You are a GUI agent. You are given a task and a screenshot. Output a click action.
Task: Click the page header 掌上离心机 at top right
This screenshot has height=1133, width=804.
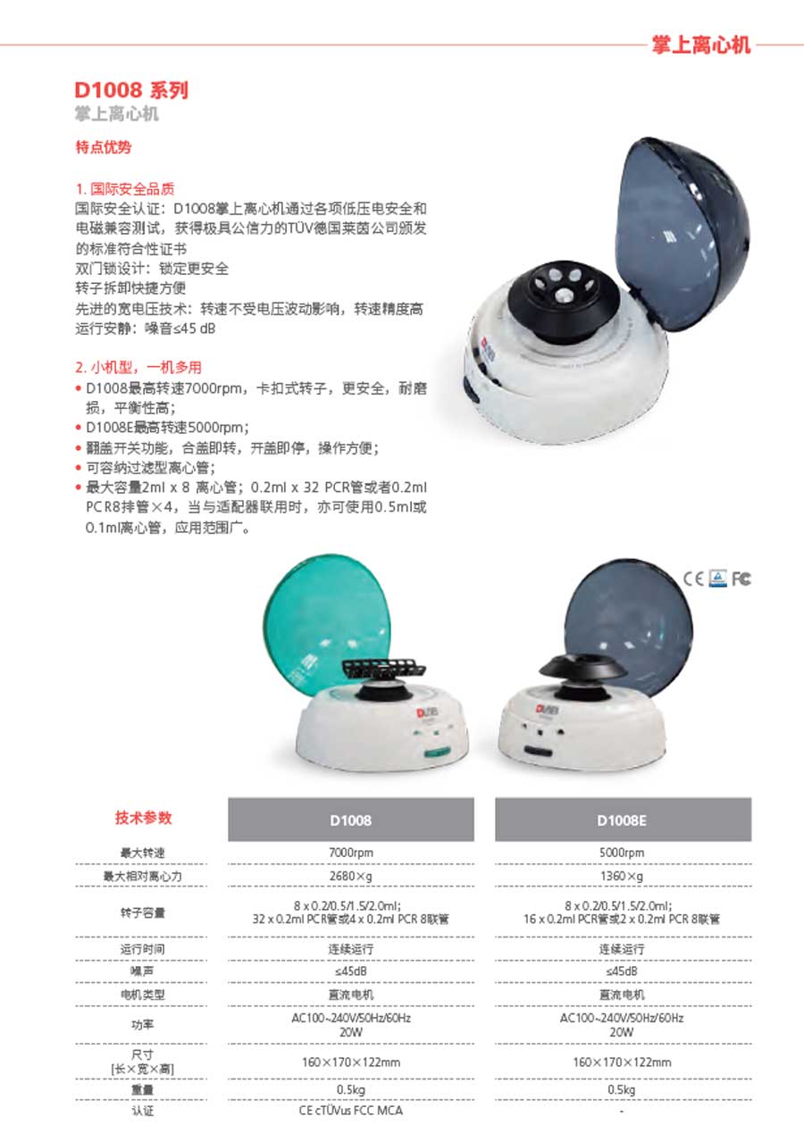tap(701, 44)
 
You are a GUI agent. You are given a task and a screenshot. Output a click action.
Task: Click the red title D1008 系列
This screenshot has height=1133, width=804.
tap(131, 90)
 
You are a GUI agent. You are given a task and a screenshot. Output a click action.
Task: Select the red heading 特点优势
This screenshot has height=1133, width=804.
tap(104, 146)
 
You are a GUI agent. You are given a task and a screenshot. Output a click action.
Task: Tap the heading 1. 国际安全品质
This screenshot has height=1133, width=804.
tap(125, 188)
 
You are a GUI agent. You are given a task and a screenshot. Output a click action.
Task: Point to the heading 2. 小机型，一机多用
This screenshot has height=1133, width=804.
tap(138, 367)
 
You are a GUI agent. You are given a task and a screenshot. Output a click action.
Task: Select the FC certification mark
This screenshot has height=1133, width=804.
tap(741, 579)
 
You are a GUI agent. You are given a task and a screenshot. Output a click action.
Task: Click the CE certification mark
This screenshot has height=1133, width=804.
tap(694, 579)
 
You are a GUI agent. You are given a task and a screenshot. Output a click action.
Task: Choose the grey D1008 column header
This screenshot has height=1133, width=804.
tap(351, 820)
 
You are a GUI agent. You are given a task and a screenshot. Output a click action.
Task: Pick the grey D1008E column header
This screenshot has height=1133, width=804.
tap(622, 820)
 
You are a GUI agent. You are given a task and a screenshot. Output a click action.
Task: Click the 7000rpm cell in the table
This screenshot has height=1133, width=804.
tap(351, 853)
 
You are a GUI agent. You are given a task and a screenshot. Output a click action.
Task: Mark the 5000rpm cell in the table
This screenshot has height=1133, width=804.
tap(622, 853)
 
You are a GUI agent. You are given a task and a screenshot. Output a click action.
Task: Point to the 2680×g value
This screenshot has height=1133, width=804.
tap(351, 877)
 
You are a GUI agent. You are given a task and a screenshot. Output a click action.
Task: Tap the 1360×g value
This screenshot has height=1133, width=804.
tap(622, 877)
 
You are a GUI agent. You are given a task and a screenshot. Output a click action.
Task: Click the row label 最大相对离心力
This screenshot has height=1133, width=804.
tap(143, 877)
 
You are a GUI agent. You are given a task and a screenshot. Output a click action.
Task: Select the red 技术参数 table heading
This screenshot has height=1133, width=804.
tap(143, 817)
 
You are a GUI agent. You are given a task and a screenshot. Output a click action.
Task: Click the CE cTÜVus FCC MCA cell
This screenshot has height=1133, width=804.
tap(351, 1111)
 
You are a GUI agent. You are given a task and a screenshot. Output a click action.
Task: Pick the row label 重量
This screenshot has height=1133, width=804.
tap(143, 1089)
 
